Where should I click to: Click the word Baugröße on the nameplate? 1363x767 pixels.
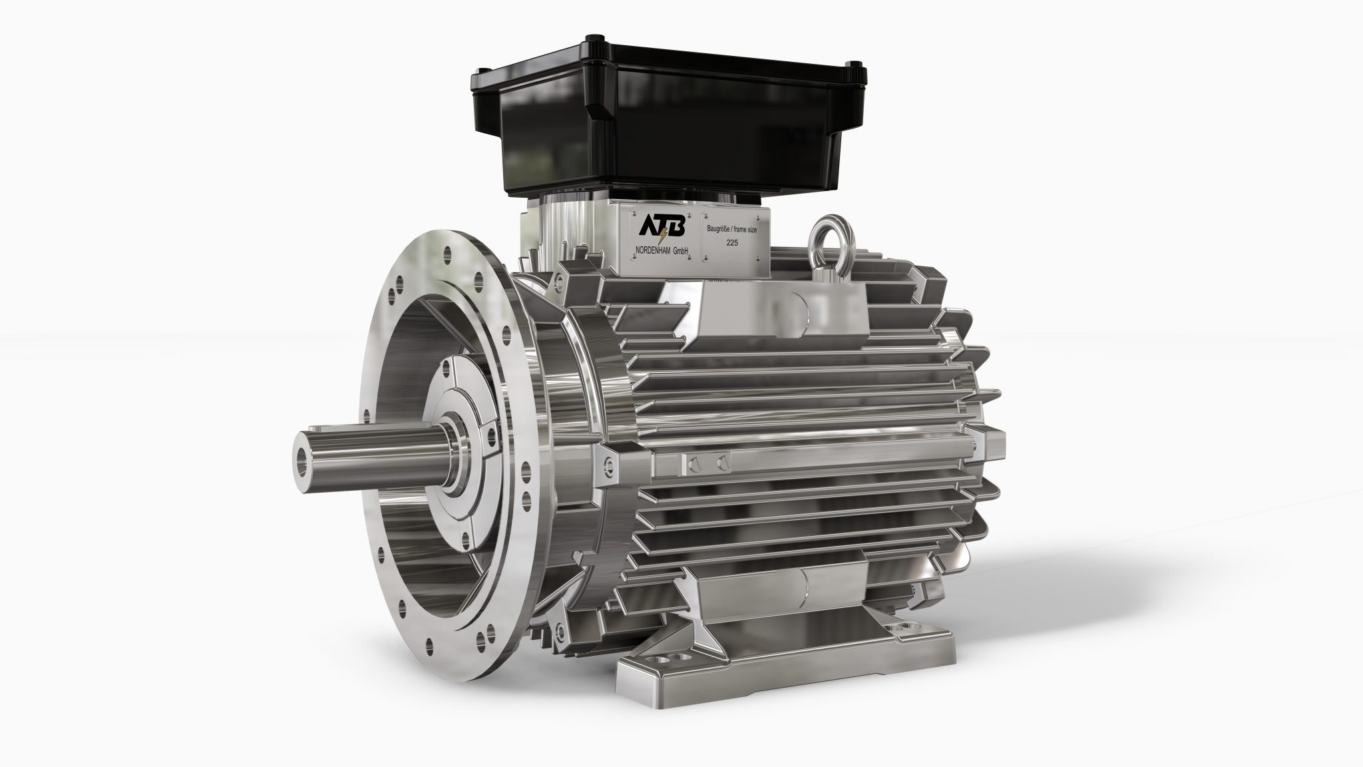[719, 229]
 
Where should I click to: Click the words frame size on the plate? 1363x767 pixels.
[751, 229]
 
